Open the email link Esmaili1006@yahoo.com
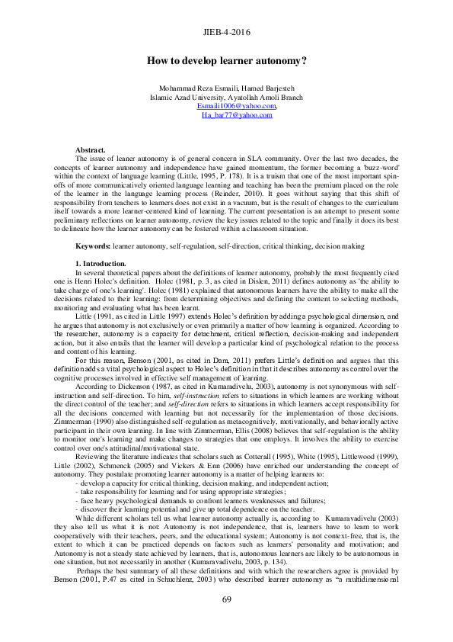click(226, 106)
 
